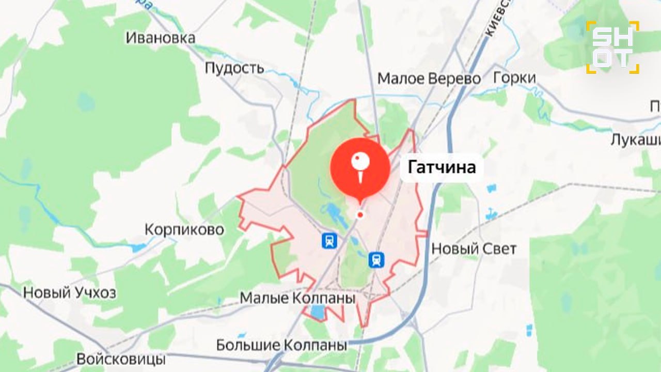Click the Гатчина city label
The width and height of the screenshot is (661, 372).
tap(442, 167)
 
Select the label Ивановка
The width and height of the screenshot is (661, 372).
tap(161, 38)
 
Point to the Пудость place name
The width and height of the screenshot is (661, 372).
tap(234, 68)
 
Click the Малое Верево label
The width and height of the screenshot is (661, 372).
tap(429, 79)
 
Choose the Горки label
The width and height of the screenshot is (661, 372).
tap(514, 78)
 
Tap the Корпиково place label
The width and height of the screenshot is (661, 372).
tap(184, 229)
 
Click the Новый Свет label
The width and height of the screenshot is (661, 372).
tap(474, 249)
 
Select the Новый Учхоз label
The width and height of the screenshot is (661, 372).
tap(69, 293)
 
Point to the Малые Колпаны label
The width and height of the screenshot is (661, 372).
tap(298, 299)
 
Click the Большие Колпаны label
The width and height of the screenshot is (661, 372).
tap(281, 345)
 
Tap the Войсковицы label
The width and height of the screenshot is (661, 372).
tap(121, 359)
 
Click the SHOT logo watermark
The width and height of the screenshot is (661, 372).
tap(612, 47)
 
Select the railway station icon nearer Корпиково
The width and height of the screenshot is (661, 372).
tap(329, 240)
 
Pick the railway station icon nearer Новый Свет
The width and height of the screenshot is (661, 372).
tap(376, 260)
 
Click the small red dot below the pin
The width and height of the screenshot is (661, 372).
tap(360, 215)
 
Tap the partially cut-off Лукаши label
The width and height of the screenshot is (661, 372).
tap(635, 140)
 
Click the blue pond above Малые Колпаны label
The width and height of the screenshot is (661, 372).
tap(318, 312)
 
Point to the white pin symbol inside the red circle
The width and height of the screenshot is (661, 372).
tap(359, 165)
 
